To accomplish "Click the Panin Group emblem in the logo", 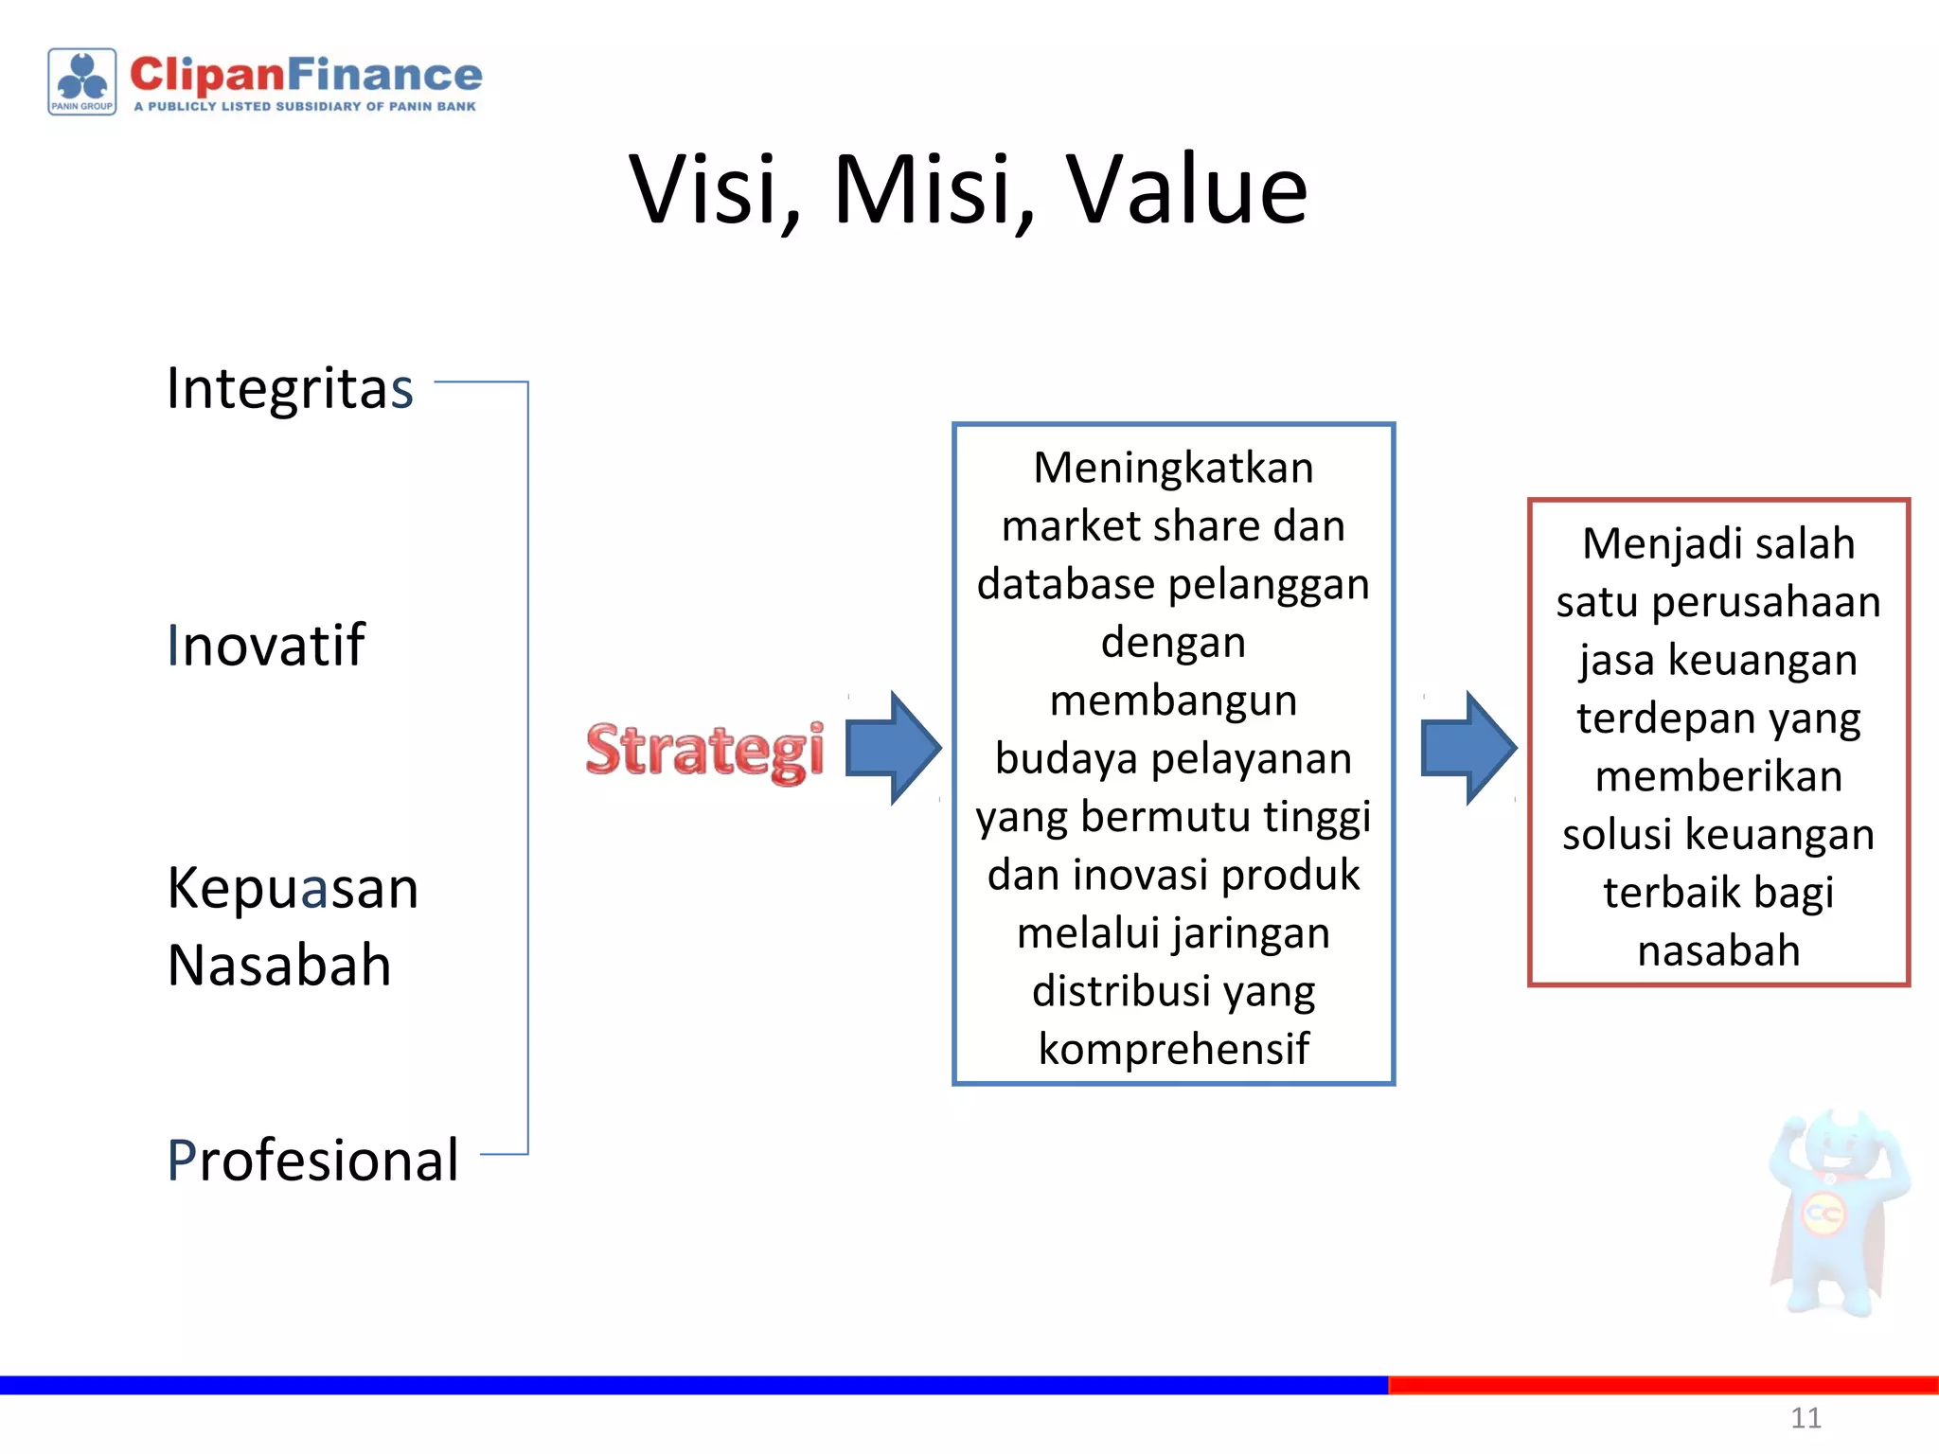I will click(x=82, y=81).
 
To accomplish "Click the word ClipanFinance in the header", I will click(x=306, y=75).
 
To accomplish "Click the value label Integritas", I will click(x=290, y=388).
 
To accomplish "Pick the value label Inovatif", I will click(x=266, y=646).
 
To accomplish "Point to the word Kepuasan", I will click(x=293, y=889).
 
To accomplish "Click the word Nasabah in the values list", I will click(x=279, y=966).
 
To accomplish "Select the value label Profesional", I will click(x=312, y=1160).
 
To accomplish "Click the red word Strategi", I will click(x=704, y=750).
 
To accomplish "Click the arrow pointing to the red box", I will click(x=1468, y=748).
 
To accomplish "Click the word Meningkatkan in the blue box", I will click(x=1173, y=469).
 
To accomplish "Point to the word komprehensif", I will click(x=1173, y=1049).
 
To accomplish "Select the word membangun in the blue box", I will click(x=1173, y=701).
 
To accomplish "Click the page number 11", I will click(x=1806, y=1418).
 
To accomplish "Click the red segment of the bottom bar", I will click(x=1663, y=1385).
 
